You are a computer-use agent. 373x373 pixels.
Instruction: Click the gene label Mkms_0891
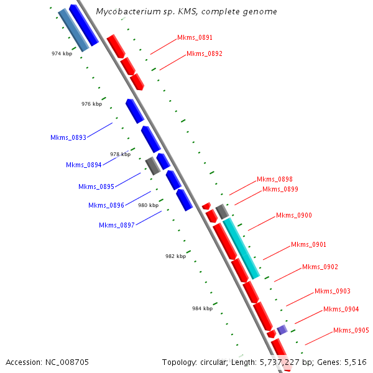(x=195, y=38)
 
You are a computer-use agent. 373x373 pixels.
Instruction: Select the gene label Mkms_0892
(x=204, y=54)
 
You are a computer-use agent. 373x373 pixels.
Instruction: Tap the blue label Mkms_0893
(x=68, y=137)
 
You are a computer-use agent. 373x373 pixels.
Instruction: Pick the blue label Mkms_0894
(x=83, y=165)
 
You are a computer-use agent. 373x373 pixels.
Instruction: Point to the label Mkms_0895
(x=96, y=186)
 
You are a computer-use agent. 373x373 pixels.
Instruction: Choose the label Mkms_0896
(x=106, y=205)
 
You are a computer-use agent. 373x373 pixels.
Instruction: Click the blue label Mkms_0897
(x=116, y=225)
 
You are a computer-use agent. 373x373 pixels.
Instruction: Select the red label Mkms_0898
(x=274, y=180)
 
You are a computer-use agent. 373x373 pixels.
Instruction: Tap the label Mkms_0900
(x=293, y=216)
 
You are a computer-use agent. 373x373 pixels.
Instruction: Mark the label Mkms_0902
(x=320, y=267)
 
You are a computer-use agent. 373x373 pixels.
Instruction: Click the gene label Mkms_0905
(x=351, y=331)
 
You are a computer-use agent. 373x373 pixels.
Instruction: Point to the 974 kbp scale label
(x=62, y=54)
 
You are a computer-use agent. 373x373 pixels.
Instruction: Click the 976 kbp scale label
(x=91, y=104)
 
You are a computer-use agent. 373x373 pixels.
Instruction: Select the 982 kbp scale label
(x=175, y=256)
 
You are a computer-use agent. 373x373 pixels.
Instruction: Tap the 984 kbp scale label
(x=202, y=308)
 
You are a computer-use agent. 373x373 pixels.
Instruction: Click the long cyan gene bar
(x=241, y=248)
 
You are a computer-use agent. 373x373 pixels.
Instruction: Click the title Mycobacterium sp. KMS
(x=186, y=12)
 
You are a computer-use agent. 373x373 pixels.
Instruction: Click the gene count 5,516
(x=356, y=362)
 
